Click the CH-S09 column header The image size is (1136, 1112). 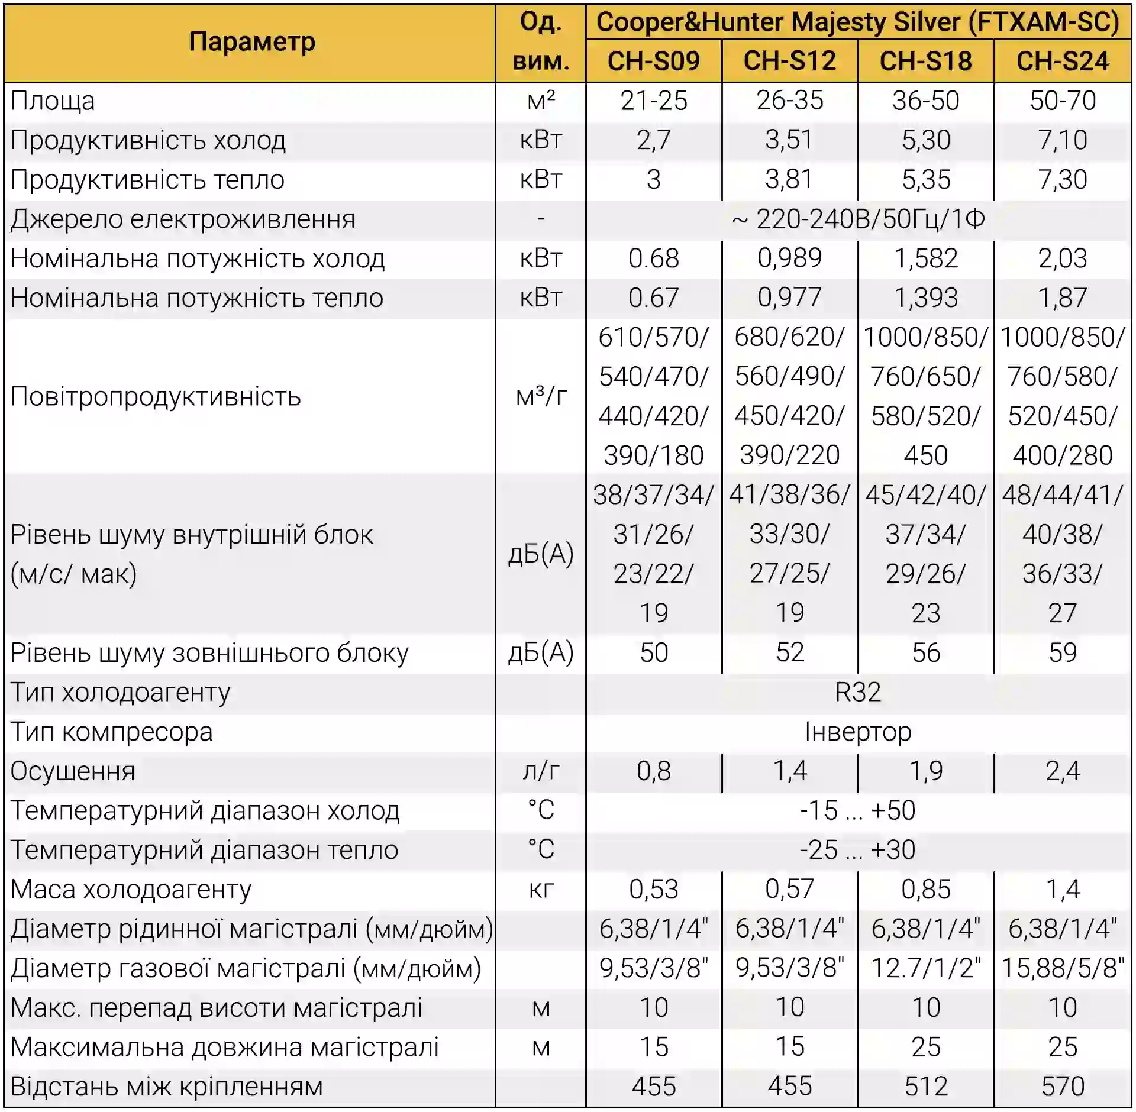pyautogui.click(x=653, y=61)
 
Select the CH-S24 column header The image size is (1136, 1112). pyautogui.click(x=1063, y=61)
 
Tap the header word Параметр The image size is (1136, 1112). pyautogui.click(x=252, y=42)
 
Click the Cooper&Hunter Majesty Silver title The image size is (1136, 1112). pyautogui.click(x=858, y=22)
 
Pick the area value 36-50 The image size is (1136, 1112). pyautogui.click(x=926, y=101)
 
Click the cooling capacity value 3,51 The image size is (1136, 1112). pyautogui.click(x=789, y=140)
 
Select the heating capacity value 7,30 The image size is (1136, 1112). pyautogui.click(x=1063, y=179)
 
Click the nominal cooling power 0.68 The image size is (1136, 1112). pyautogui.click(x=653, y=258)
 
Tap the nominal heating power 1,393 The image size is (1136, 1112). pyautogui.click(x=926, y=298)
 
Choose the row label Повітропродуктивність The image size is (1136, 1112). pyautogui.click(x=156, y=396)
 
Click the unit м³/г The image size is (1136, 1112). pyautogui.click(x=541, y=396)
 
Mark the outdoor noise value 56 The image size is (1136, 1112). pyautogui.click(x=926, y=652)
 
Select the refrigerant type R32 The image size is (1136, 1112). pyautogui.click(x=858, y=692)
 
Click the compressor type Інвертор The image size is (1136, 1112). pyautogui.click(x=858, y=732)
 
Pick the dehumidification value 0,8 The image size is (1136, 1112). pyautogui.click(x=653, y=771)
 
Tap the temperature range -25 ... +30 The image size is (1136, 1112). pyautogui.click(x=858, y=850)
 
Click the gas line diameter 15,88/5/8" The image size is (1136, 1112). pyautogui.click(x=1063, y=968)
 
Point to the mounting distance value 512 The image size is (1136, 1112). pyautogui.click(x=926, y=1087)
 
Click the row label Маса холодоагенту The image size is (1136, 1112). pyautogui.click(x=131, y=889)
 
